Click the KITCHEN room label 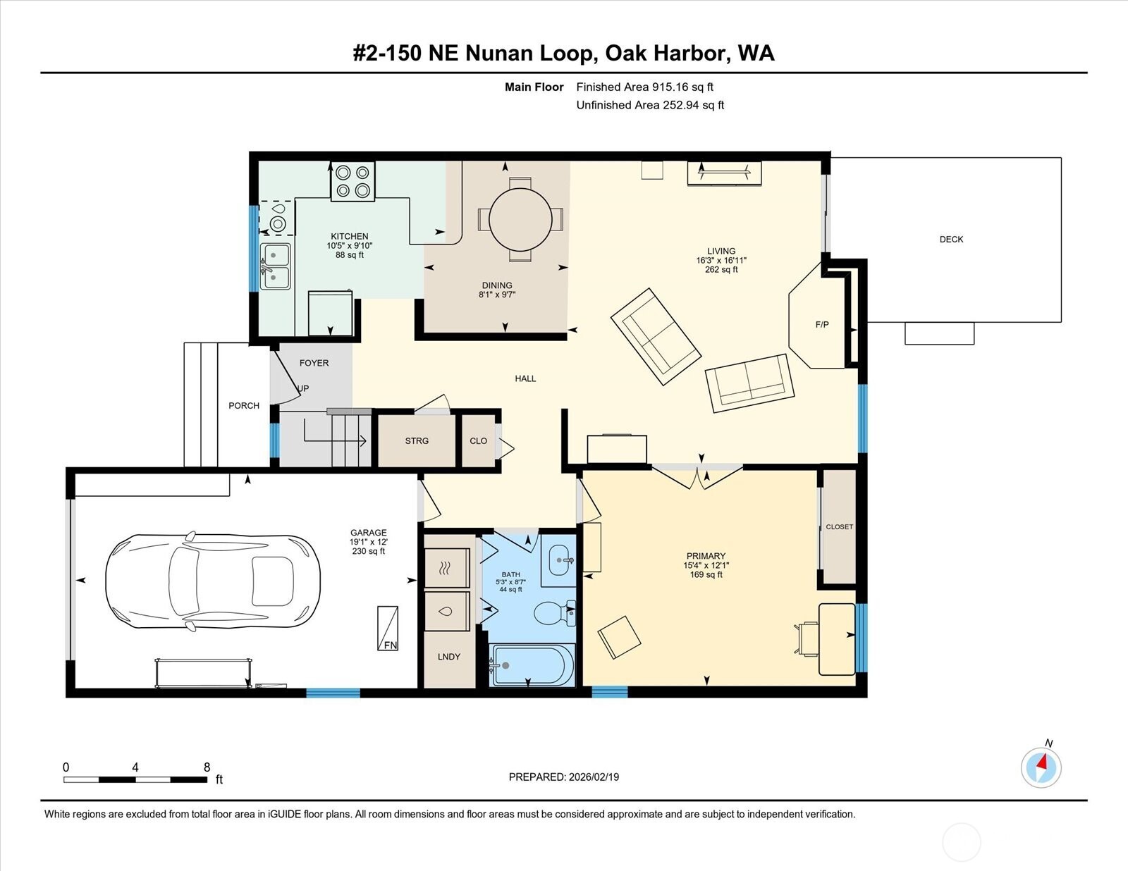350,237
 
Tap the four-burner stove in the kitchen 352,181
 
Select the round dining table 520,219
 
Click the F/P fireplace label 822,325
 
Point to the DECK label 951,240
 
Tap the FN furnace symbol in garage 388,629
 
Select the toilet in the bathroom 553,613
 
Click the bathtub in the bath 532,665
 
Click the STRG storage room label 417,441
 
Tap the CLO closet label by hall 478,441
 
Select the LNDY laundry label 448,657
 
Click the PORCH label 244,406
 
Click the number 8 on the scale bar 207,767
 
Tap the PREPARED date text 564,777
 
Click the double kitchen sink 275,266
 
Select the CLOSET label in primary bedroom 839,527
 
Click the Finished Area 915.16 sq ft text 644,87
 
